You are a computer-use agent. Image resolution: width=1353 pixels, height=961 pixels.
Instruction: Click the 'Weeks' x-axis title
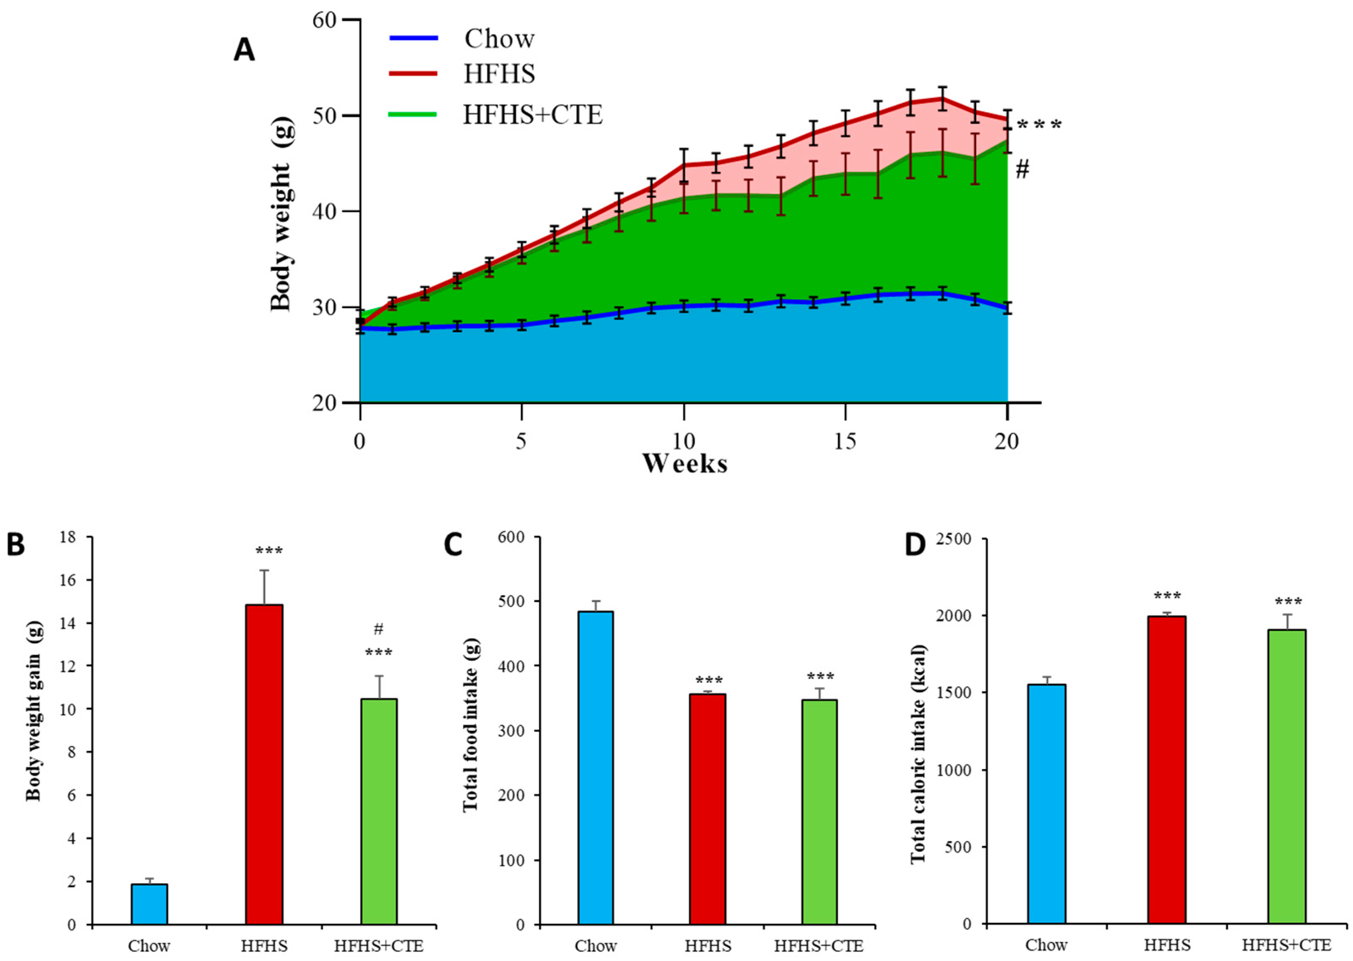[685, 463]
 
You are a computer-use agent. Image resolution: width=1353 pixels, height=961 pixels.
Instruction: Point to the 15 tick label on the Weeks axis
[845, 441]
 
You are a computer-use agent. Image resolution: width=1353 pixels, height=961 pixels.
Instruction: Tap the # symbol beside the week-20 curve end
[1022, 170]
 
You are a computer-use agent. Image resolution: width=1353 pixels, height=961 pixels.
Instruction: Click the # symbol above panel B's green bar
[379, 629]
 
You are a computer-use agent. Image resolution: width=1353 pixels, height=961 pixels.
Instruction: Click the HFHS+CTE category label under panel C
[819, 946]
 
